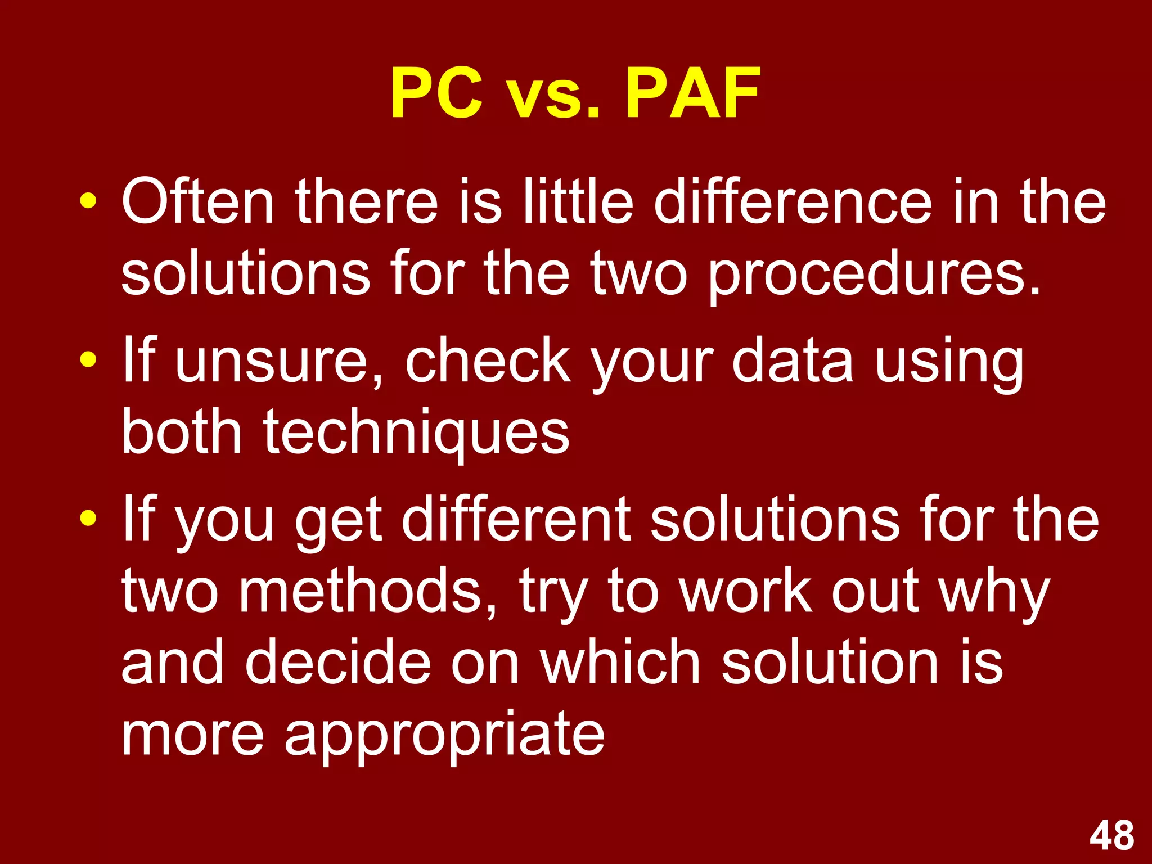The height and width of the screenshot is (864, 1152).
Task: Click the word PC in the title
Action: pos(436,93)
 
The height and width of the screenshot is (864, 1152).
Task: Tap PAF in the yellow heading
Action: pos(693,93)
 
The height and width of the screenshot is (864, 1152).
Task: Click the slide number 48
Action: pos(1111,836)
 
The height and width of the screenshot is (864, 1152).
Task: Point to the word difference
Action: pos(793,201)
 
